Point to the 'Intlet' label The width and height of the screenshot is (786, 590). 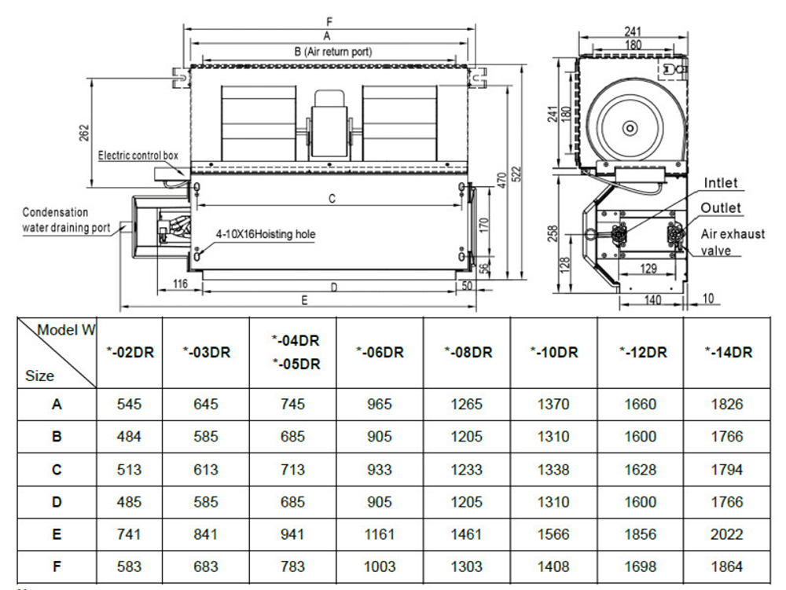click(x=721, y=183)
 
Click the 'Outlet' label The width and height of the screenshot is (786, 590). click(x=721, y=208)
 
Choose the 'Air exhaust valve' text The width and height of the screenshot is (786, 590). click(x=732, y=242)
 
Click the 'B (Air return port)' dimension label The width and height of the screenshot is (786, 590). click(x=333, y=51)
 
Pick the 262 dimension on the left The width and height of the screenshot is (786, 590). click(x=85, y=133)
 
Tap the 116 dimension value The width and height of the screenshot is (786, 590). click(x=180, y=284)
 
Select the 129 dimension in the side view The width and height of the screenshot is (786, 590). click(x=648, y=269)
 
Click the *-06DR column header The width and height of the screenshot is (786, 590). click(x=380, y=353)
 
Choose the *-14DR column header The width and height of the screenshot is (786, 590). click(x=727, y=353)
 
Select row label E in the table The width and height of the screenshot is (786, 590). click(x=57, y=534)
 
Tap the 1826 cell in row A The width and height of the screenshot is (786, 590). click(x=727, y=405)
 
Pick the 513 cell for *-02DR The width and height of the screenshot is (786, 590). click(x=129, y=470)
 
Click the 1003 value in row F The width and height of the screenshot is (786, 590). click(x=380, y=566)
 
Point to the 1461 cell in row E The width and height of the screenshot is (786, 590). click(x=467, y=534)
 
